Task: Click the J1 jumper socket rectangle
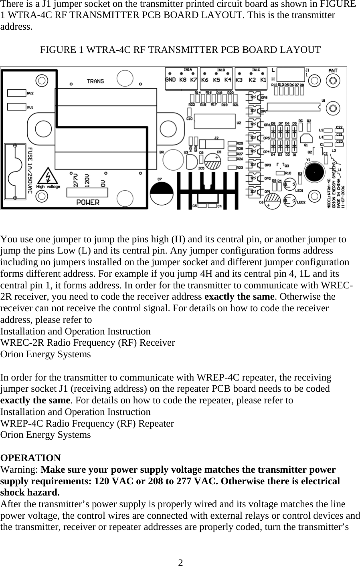point(291,75)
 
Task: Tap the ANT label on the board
point(333,71)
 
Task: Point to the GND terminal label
point(170,79)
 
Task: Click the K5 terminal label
point(216,79)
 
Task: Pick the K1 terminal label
point(263,79)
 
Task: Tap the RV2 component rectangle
point(16,93)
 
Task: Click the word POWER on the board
point(88,202)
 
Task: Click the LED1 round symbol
point(288,185)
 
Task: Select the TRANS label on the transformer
point(95,81)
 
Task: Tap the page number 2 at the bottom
point(181,562)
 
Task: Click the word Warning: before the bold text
point(20,469)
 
